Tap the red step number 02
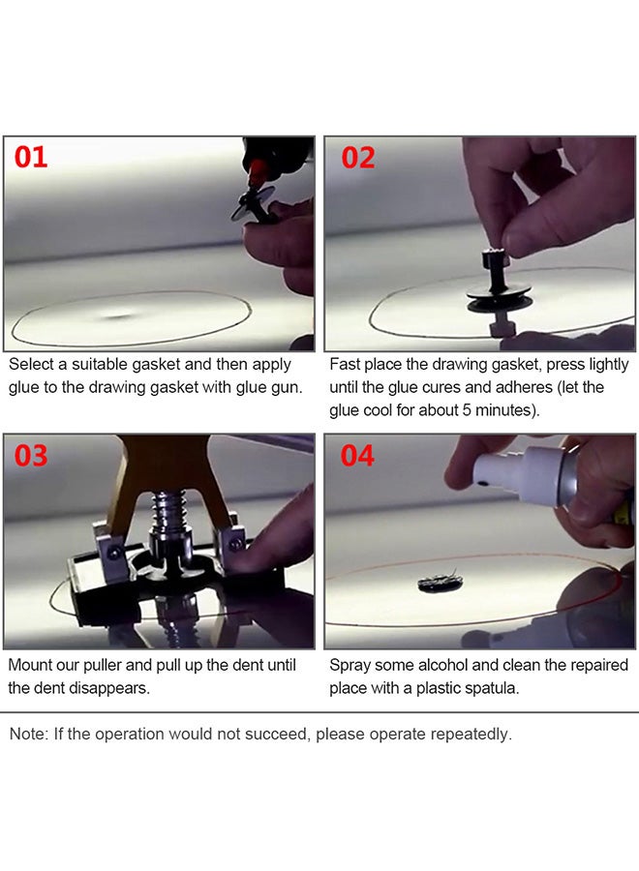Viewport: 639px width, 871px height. (357, 158)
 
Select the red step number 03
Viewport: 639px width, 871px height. (31, 455)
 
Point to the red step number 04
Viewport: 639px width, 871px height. (357, 455)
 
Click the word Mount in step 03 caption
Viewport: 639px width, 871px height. (31, 666)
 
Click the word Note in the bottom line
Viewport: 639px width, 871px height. (27, 734)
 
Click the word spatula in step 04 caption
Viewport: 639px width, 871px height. (495, 688)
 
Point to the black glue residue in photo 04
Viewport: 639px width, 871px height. (440, 583)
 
